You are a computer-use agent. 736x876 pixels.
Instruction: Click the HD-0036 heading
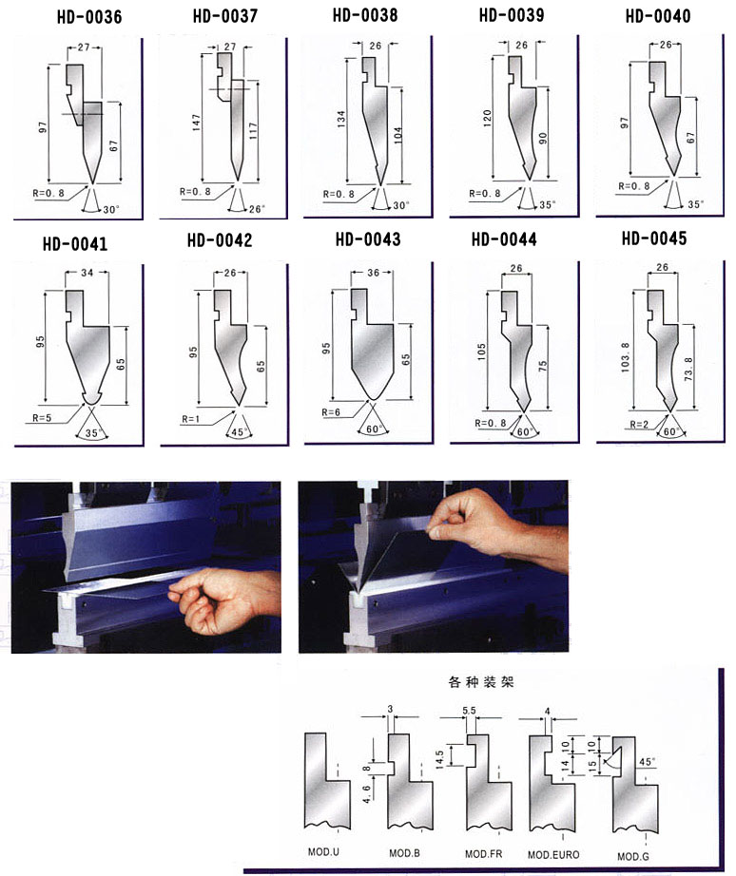coord(89,17)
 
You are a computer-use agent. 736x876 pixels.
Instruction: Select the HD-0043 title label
coord(368,239)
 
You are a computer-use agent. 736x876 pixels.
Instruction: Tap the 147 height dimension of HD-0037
coord(196,123)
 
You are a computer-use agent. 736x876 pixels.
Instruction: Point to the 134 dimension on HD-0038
coord(341,119)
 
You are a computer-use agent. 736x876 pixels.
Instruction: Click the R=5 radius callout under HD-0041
coord(42,417)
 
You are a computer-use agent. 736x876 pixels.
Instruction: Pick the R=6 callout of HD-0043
coord(331,411)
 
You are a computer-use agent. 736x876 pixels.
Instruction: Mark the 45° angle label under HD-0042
coord(239,432)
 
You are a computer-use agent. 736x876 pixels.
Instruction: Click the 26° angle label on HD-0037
coord(258,209)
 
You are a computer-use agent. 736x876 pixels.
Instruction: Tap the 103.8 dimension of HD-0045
coord(626,357)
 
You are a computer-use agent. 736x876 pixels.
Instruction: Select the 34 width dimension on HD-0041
coord(87,273)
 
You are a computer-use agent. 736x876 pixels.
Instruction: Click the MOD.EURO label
coord(553,854)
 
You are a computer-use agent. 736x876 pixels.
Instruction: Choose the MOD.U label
coord(323,852)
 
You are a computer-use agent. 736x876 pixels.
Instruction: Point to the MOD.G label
coord(633,856)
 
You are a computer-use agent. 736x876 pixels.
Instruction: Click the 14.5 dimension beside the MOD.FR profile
coord(439,759)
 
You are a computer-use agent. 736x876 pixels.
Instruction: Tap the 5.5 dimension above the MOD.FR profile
coord(469,711)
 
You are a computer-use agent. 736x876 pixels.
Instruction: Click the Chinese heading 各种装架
coord(480,681)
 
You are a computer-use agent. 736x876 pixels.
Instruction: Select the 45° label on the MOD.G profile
coord(647,762)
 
